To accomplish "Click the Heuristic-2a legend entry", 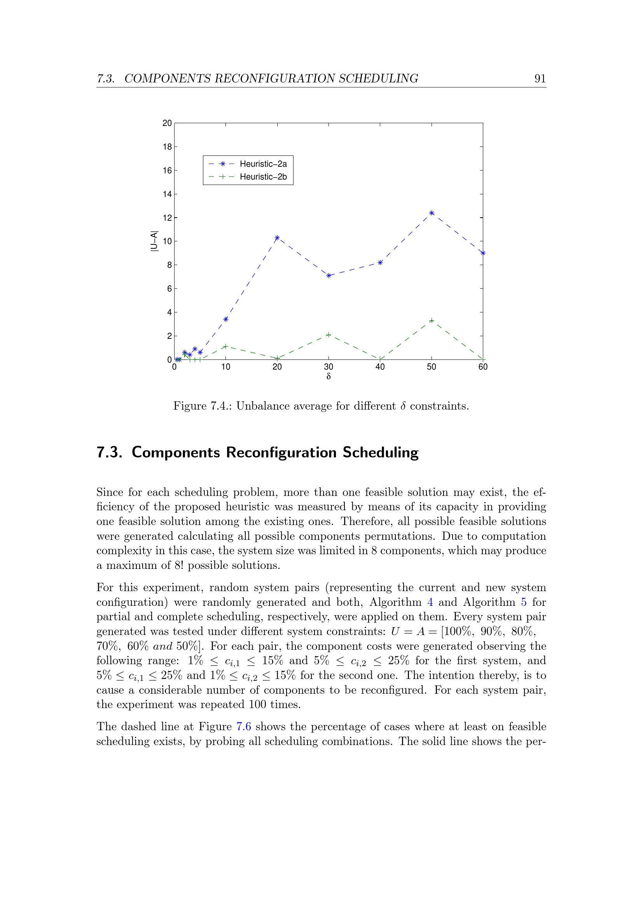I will (263, 164).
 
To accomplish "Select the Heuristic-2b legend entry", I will (263, 176).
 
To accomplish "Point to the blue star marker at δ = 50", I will (432, 213).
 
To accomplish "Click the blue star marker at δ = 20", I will (277, 238).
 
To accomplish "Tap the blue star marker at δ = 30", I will (328, 276).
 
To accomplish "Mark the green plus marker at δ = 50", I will (432, 321).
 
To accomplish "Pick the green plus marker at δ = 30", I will (328, 335).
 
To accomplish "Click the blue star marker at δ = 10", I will (226, 319).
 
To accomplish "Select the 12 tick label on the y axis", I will (167, 218).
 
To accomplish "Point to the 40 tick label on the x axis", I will (380, 367).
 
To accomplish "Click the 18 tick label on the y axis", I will (167, 147).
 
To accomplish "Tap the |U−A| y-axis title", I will (154, 241).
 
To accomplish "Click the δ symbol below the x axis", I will (328, 377).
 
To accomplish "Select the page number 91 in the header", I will (540, 79).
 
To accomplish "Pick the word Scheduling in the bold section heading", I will (381, 452).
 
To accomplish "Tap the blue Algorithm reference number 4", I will (430, 602).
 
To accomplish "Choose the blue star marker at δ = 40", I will (380, 262).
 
